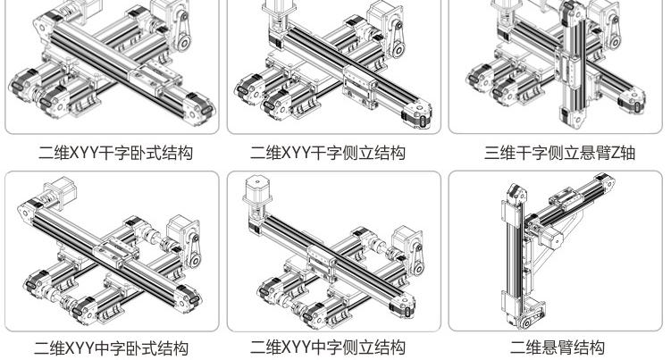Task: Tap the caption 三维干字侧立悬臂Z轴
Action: pos(559,153)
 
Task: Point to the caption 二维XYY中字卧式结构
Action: pos(112,347)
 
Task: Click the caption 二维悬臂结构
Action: pos(558,347)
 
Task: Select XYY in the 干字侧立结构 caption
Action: pos(298,153)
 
